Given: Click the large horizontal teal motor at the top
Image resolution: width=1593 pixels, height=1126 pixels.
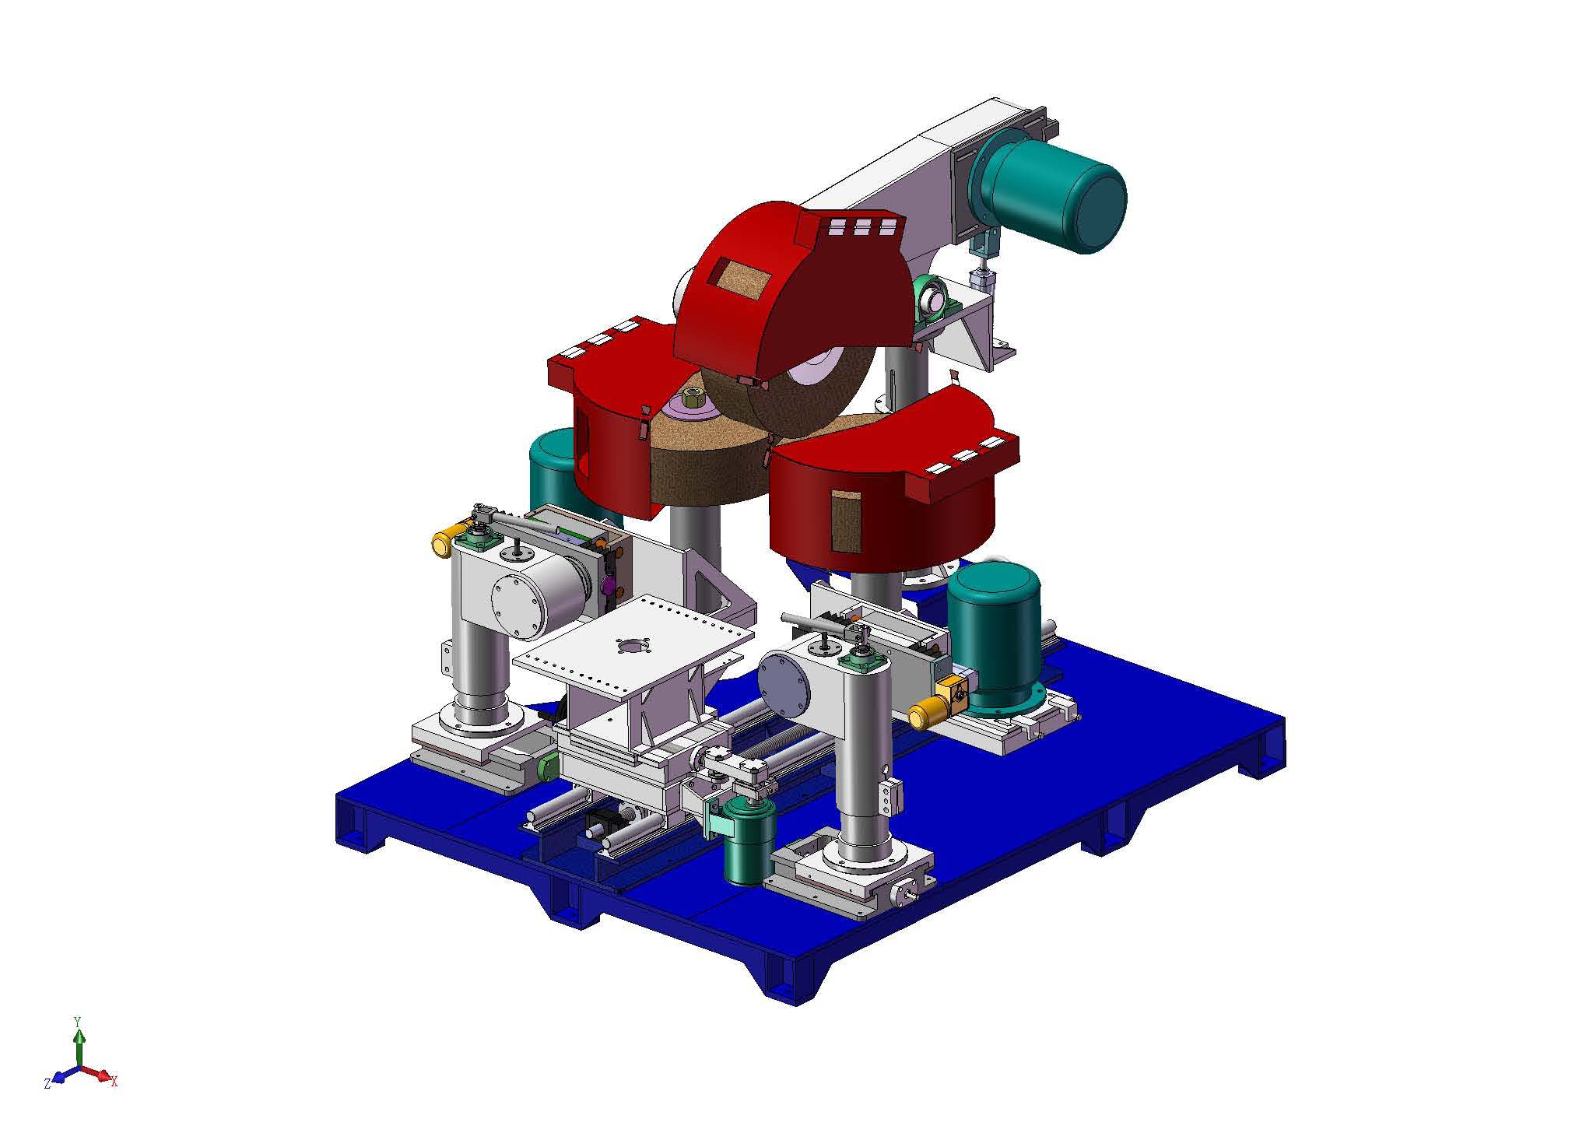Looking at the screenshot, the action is point(1051,191).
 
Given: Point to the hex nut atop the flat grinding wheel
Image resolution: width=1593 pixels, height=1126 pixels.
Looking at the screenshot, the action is point(692,400).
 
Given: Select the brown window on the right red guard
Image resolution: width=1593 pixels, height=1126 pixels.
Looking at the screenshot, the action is point(847,521).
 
